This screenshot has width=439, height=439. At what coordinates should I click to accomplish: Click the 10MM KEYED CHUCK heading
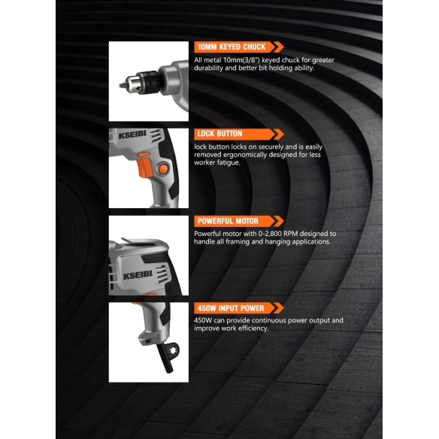(x=230, y=47)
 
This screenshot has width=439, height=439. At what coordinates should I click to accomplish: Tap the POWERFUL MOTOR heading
(x=227, y=221)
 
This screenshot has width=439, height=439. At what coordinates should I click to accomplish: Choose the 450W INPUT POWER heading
(x=230, y=308)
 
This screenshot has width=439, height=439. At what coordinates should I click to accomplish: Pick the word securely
(x=262, y=146)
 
